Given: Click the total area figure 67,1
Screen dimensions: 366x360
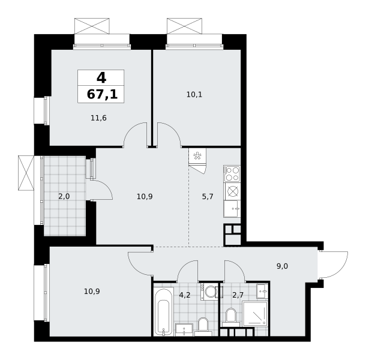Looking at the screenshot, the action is (x=102, y=95).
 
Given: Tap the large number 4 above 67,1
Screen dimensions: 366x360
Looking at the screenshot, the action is (x=101, y=77).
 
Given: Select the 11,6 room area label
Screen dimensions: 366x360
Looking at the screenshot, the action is (x=98, y=118).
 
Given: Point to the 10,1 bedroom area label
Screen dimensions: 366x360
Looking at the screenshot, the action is (x=194, y=95).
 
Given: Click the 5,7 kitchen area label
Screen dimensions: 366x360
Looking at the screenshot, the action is (x=208, y=197).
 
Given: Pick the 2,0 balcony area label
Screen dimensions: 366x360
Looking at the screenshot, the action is (x=64, y=197).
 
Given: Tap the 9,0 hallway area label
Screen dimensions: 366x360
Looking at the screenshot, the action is (x=282, y=266).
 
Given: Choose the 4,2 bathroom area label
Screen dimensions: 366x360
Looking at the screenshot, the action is (x=185, y=295).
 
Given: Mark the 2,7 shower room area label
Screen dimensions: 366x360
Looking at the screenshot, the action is (x=238, y=295).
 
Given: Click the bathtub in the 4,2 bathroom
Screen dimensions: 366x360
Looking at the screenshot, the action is (x=164, y=312).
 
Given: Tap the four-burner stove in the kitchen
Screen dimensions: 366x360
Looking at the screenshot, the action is (x=232, y=174).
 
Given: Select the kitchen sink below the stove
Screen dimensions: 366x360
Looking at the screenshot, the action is (x=232, y=209).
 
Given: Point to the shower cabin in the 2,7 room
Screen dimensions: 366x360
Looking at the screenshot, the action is (x=255, y=314).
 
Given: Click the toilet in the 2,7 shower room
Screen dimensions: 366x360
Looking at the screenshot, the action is (x=231, y=317).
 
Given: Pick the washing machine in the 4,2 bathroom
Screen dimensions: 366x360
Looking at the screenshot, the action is (x=209, y=292).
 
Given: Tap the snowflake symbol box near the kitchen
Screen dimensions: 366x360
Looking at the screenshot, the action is (x=197, y=156).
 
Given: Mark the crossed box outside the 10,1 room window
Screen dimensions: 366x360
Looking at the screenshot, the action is (x=184, y=26).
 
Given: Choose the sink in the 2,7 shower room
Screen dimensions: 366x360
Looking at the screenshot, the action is (x=262, y=291).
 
